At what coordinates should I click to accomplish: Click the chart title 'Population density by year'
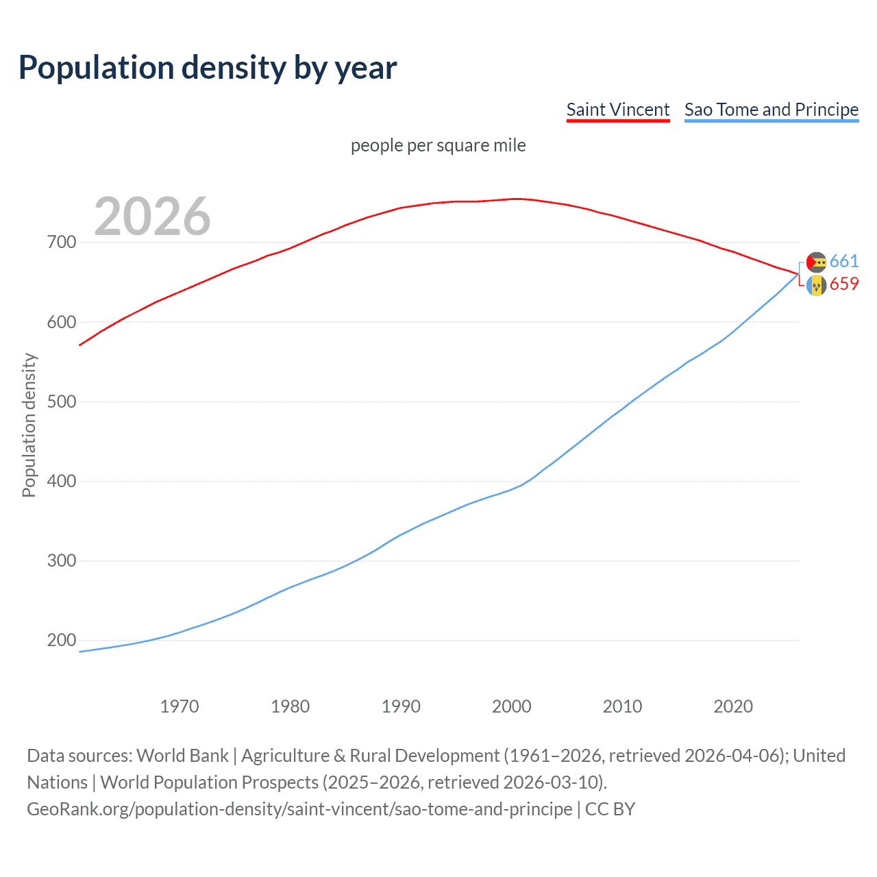208,68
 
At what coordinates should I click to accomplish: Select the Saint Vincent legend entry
617,110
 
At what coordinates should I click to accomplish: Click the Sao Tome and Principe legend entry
771,110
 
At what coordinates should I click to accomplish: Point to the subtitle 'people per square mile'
438,146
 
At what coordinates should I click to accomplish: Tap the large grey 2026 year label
152,217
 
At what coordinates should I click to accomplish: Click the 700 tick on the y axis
62,243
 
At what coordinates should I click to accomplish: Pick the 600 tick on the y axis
62,322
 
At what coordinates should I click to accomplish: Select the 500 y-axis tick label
62,402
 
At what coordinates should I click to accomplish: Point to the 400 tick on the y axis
62,482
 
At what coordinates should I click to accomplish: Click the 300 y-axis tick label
62,561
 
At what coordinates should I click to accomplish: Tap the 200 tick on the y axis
62,641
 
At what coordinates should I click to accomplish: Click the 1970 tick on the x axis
180,706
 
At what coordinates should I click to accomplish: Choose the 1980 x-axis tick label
291,706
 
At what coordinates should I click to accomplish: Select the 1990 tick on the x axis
401,706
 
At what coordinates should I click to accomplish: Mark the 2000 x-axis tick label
512,706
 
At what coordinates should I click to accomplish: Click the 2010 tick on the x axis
622,706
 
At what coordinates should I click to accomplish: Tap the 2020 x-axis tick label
733,706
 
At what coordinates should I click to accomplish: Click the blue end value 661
844,261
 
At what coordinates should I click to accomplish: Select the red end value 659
844,284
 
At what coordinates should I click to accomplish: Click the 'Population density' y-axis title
29,425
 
